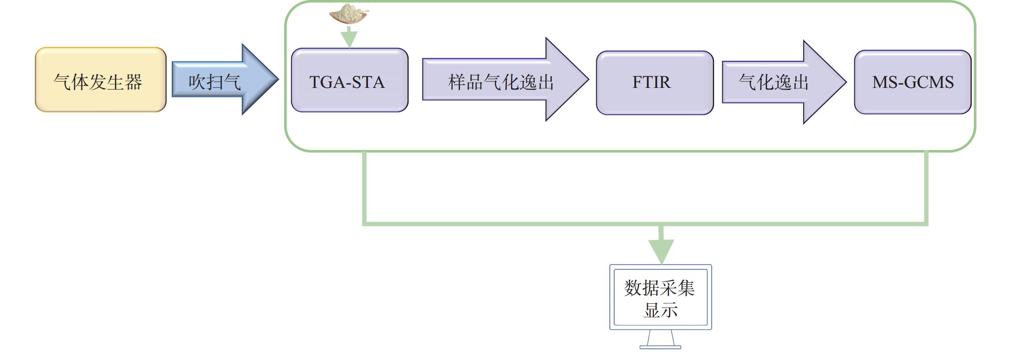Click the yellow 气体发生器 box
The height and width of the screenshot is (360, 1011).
tap(100, 79)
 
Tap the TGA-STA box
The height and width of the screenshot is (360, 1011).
tap(349, 80)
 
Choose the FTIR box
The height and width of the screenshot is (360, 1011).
tap(654, 82)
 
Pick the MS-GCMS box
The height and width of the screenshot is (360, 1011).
tap(912, 82)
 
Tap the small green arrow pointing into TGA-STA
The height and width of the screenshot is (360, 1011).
tap(349, 38)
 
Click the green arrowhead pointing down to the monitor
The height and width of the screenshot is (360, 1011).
tap(661, 251)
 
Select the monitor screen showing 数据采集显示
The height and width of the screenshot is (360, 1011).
tap(660, 297)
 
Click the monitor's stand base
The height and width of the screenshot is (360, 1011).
tap(660, 347)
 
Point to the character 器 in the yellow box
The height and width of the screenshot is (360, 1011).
tap(134, 82)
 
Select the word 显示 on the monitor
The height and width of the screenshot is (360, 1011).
tap(660, 310)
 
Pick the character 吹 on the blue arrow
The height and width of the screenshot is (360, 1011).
tap(197, 82)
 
